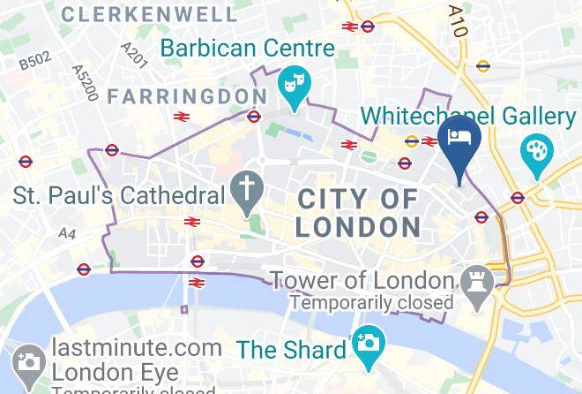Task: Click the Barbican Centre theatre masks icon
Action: [292, 85]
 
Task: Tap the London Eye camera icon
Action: [27, 360]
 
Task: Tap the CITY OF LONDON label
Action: [357, 212]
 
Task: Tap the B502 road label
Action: [36, 61]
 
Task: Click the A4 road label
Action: [67, 233]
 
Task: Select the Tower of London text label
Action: [362, 281]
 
